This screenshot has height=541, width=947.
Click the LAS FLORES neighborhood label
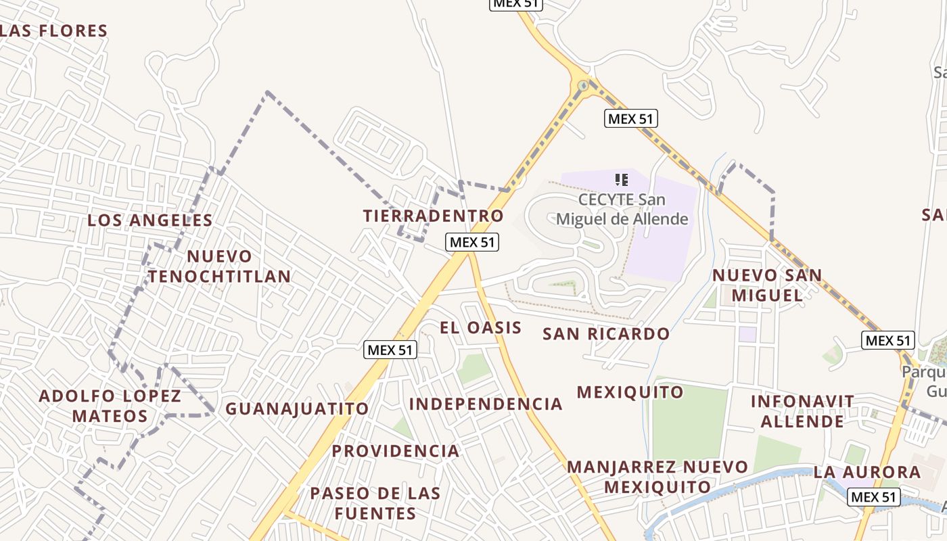pyautogui.click(x=54, y=31)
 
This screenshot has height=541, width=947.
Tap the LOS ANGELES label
pyautogui.click(x=150, y=220)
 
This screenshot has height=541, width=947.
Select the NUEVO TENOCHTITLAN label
pyautogui.click(x=219, y=266)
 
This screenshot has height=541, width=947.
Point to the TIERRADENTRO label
pyautogui.click(x=434, y=216)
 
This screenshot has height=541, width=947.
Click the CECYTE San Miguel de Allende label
pyautogui.click(x=622, y=210)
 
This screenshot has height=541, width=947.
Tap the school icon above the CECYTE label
pyautogui.click(x=622, y=180)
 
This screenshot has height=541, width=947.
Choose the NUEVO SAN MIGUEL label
pyautogui.click(x=767, y=285)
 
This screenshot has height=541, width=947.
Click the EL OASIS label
pyautogui.click(x=481, y=328)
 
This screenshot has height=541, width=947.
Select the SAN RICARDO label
pyautogui.click(x=606, y=334)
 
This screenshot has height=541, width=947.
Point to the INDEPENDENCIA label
pyautogui.click(x=486, y=404)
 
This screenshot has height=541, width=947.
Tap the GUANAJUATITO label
pyautogui.click(x=297, y=409)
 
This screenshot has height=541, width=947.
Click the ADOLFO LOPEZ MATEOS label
pyautogui.click(x=110, y=406)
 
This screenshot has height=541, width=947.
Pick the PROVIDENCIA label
pyautogui.click(x=396, y=451)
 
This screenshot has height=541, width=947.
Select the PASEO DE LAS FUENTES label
pyautogui.click(x=375, y=503)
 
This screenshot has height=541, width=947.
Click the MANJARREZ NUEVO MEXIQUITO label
pyautogui.click(x=657, y=477)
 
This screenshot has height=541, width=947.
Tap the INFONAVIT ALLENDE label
pyautogui.click(x=803, y=411)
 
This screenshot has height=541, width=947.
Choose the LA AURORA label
pyautogui.click(x=867, y=472)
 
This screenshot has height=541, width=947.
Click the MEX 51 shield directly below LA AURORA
pyautogui.click(x=874, y=497)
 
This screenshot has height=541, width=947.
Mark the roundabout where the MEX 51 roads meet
pyautogui.click(x=583, y=86)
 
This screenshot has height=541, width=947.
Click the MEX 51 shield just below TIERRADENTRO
pyautogui.click(x=472, y=242)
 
